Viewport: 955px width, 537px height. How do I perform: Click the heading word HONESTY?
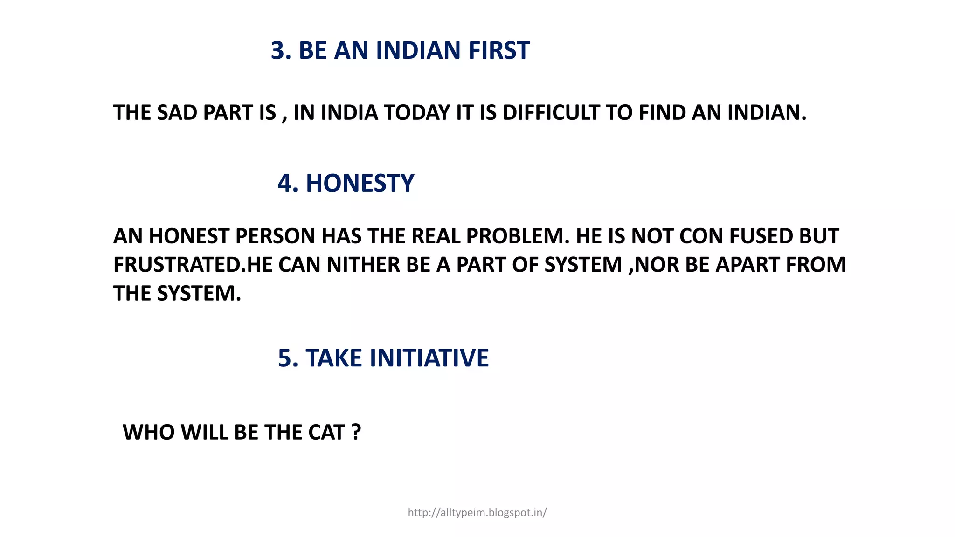[360, 183]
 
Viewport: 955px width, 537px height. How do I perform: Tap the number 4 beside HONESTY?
[285, 183]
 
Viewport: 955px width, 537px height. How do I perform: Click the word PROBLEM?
[518, 236]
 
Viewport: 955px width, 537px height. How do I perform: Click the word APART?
[747, 265]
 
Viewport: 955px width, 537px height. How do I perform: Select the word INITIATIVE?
[429, 358]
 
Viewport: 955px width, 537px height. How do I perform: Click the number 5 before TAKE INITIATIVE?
[285, 358]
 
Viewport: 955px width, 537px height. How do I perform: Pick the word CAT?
[326, 433]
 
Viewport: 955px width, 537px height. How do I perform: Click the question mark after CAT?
[356, 433]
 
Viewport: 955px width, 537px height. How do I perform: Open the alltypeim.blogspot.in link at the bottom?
[477, 513]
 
